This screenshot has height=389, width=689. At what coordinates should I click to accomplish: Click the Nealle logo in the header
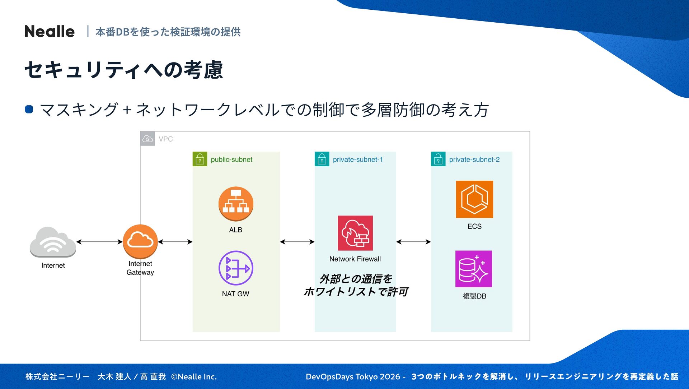(50, 32)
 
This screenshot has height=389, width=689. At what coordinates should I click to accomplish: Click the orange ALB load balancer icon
(236, 204)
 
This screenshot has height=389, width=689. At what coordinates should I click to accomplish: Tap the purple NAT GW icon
(236, 268)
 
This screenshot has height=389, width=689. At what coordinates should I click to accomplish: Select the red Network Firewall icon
(355, 233)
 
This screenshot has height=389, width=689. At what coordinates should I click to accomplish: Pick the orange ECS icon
(474, 199)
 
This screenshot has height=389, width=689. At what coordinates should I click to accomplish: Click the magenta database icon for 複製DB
(474, 269)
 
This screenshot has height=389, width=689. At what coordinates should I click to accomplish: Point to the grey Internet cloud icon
(53, 242)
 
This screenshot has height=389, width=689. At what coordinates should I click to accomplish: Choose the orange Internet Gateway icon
(140, 241)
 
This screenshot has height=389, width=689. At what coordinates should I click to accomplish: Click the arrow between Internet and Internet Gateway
(99, 242)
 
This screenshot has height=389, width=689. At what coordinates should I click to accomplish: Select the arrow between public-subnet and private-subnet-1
(297, 242)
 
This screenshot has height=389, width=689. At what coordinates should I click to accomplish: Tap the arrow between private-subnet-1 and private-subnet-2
(413, 242)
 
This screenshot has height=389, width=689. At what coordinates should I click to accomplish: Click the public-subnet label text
(231, 159)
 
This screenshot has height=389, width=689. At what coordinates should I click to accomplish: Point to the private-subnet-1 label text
(358, 159)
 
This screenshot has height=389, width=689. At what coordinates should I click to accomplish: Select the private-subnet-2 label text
(474, 159)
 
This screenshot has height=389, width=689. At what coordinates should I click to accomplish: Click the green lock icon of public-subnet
(200, 159)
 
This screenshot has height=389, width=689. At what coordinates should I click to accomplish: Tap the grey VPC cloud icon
(147, 139)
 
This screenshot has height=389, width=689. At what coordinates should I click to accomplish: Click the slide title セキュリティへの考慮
(124, 70)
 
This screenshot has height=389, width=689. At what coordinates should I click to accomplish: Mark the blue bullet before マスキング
(29, 109)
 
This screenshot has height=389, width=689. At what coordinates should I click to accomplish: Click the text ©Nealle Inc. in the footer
(194, 376)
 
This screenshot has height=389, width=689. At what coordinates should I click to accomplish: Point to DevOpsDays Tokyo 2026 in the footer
(353, 376)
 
